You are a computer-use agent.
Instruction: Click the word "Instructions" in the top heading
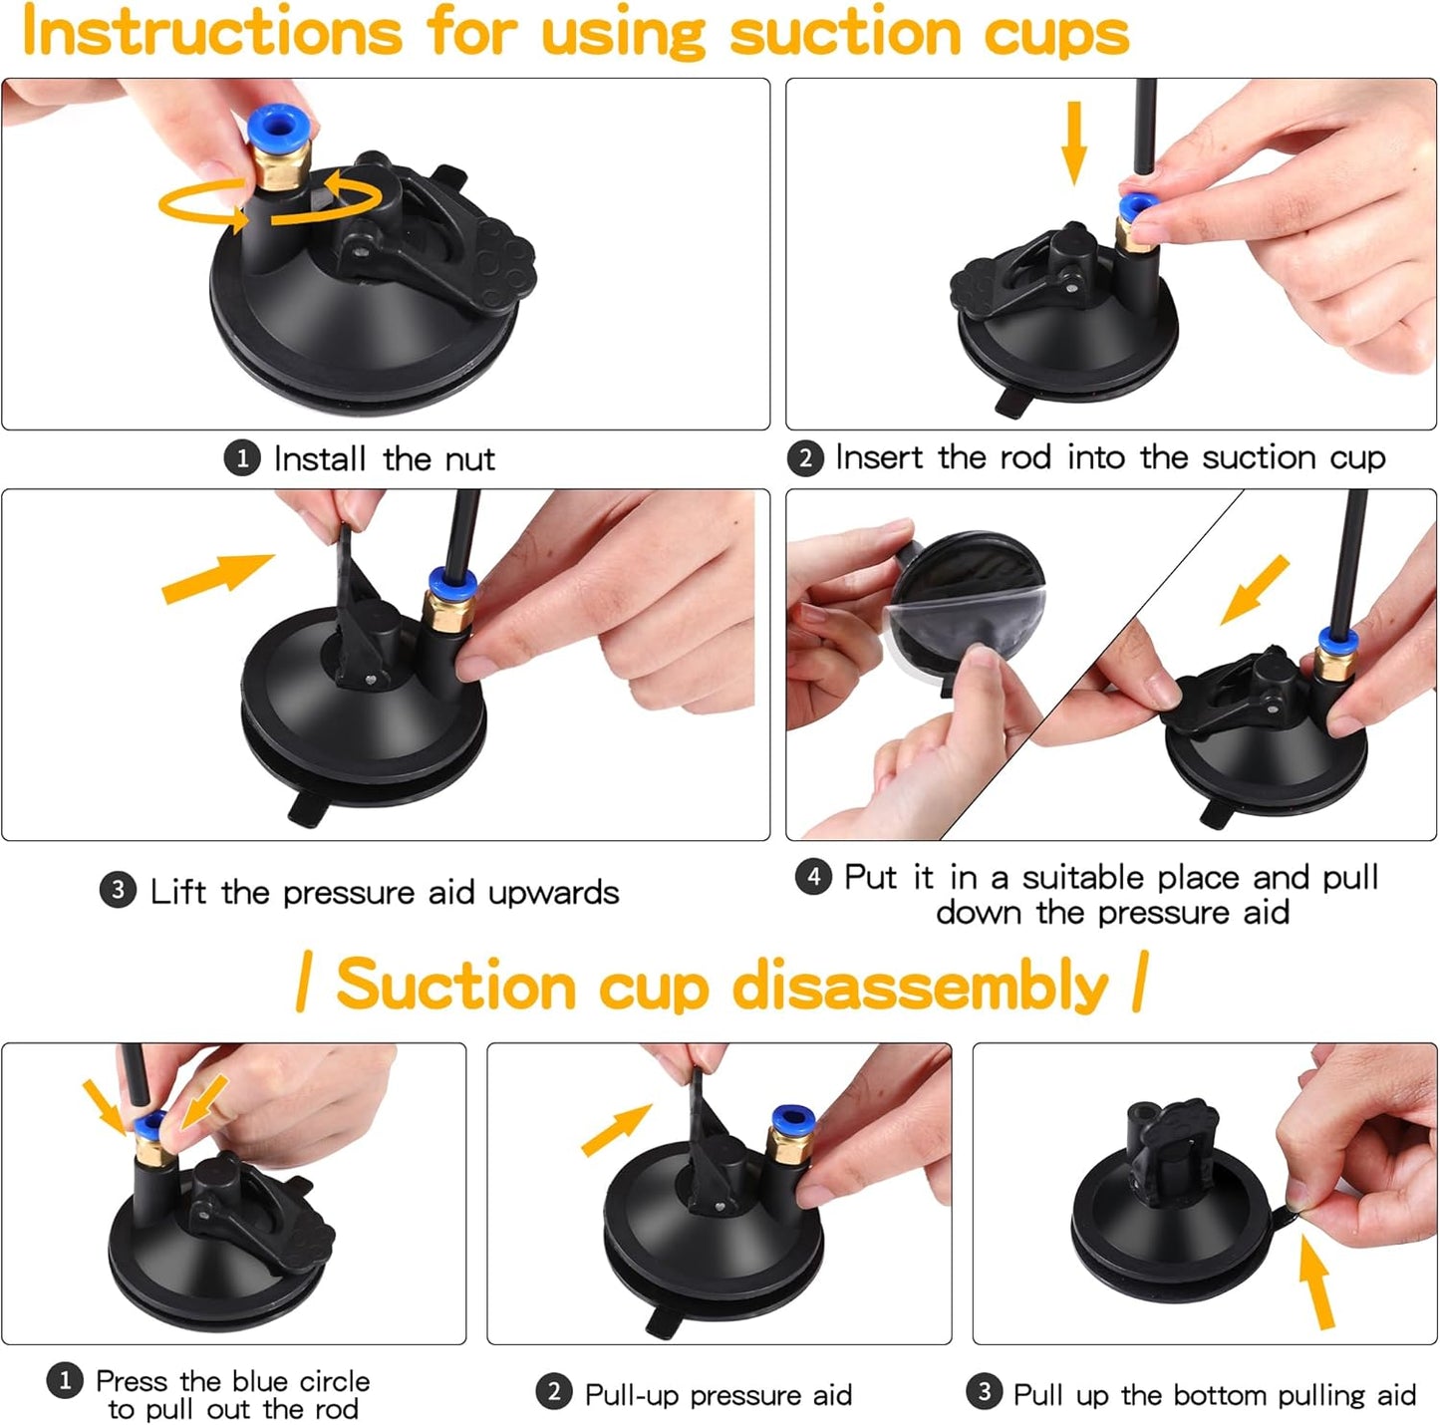click(211, 32)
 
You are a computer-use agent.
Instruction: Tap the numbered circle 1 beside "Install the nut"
click(241, 458)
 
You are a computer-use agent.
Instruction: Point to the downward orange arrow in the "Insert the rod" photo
click(1073, 141)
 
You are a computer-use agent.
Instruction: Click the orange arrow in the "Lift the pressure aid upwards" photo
click(217, 577)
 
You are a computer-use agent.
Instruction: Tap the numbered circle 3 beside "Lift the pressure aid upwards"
click(118, 890)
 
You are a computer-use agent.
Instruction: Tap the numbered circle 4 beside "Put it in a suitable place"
click(813, 876)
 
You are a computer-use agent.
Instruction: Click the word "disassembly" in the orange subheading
click(920, 986)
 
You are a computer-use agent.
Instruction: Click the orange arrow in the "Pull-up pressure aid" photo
click(616, 1130)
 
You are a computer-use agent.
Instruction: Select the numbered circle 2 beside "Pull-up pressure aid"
click(554, 1392)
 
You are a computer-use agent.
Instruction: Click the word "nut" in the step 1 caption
click(469, 459)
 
